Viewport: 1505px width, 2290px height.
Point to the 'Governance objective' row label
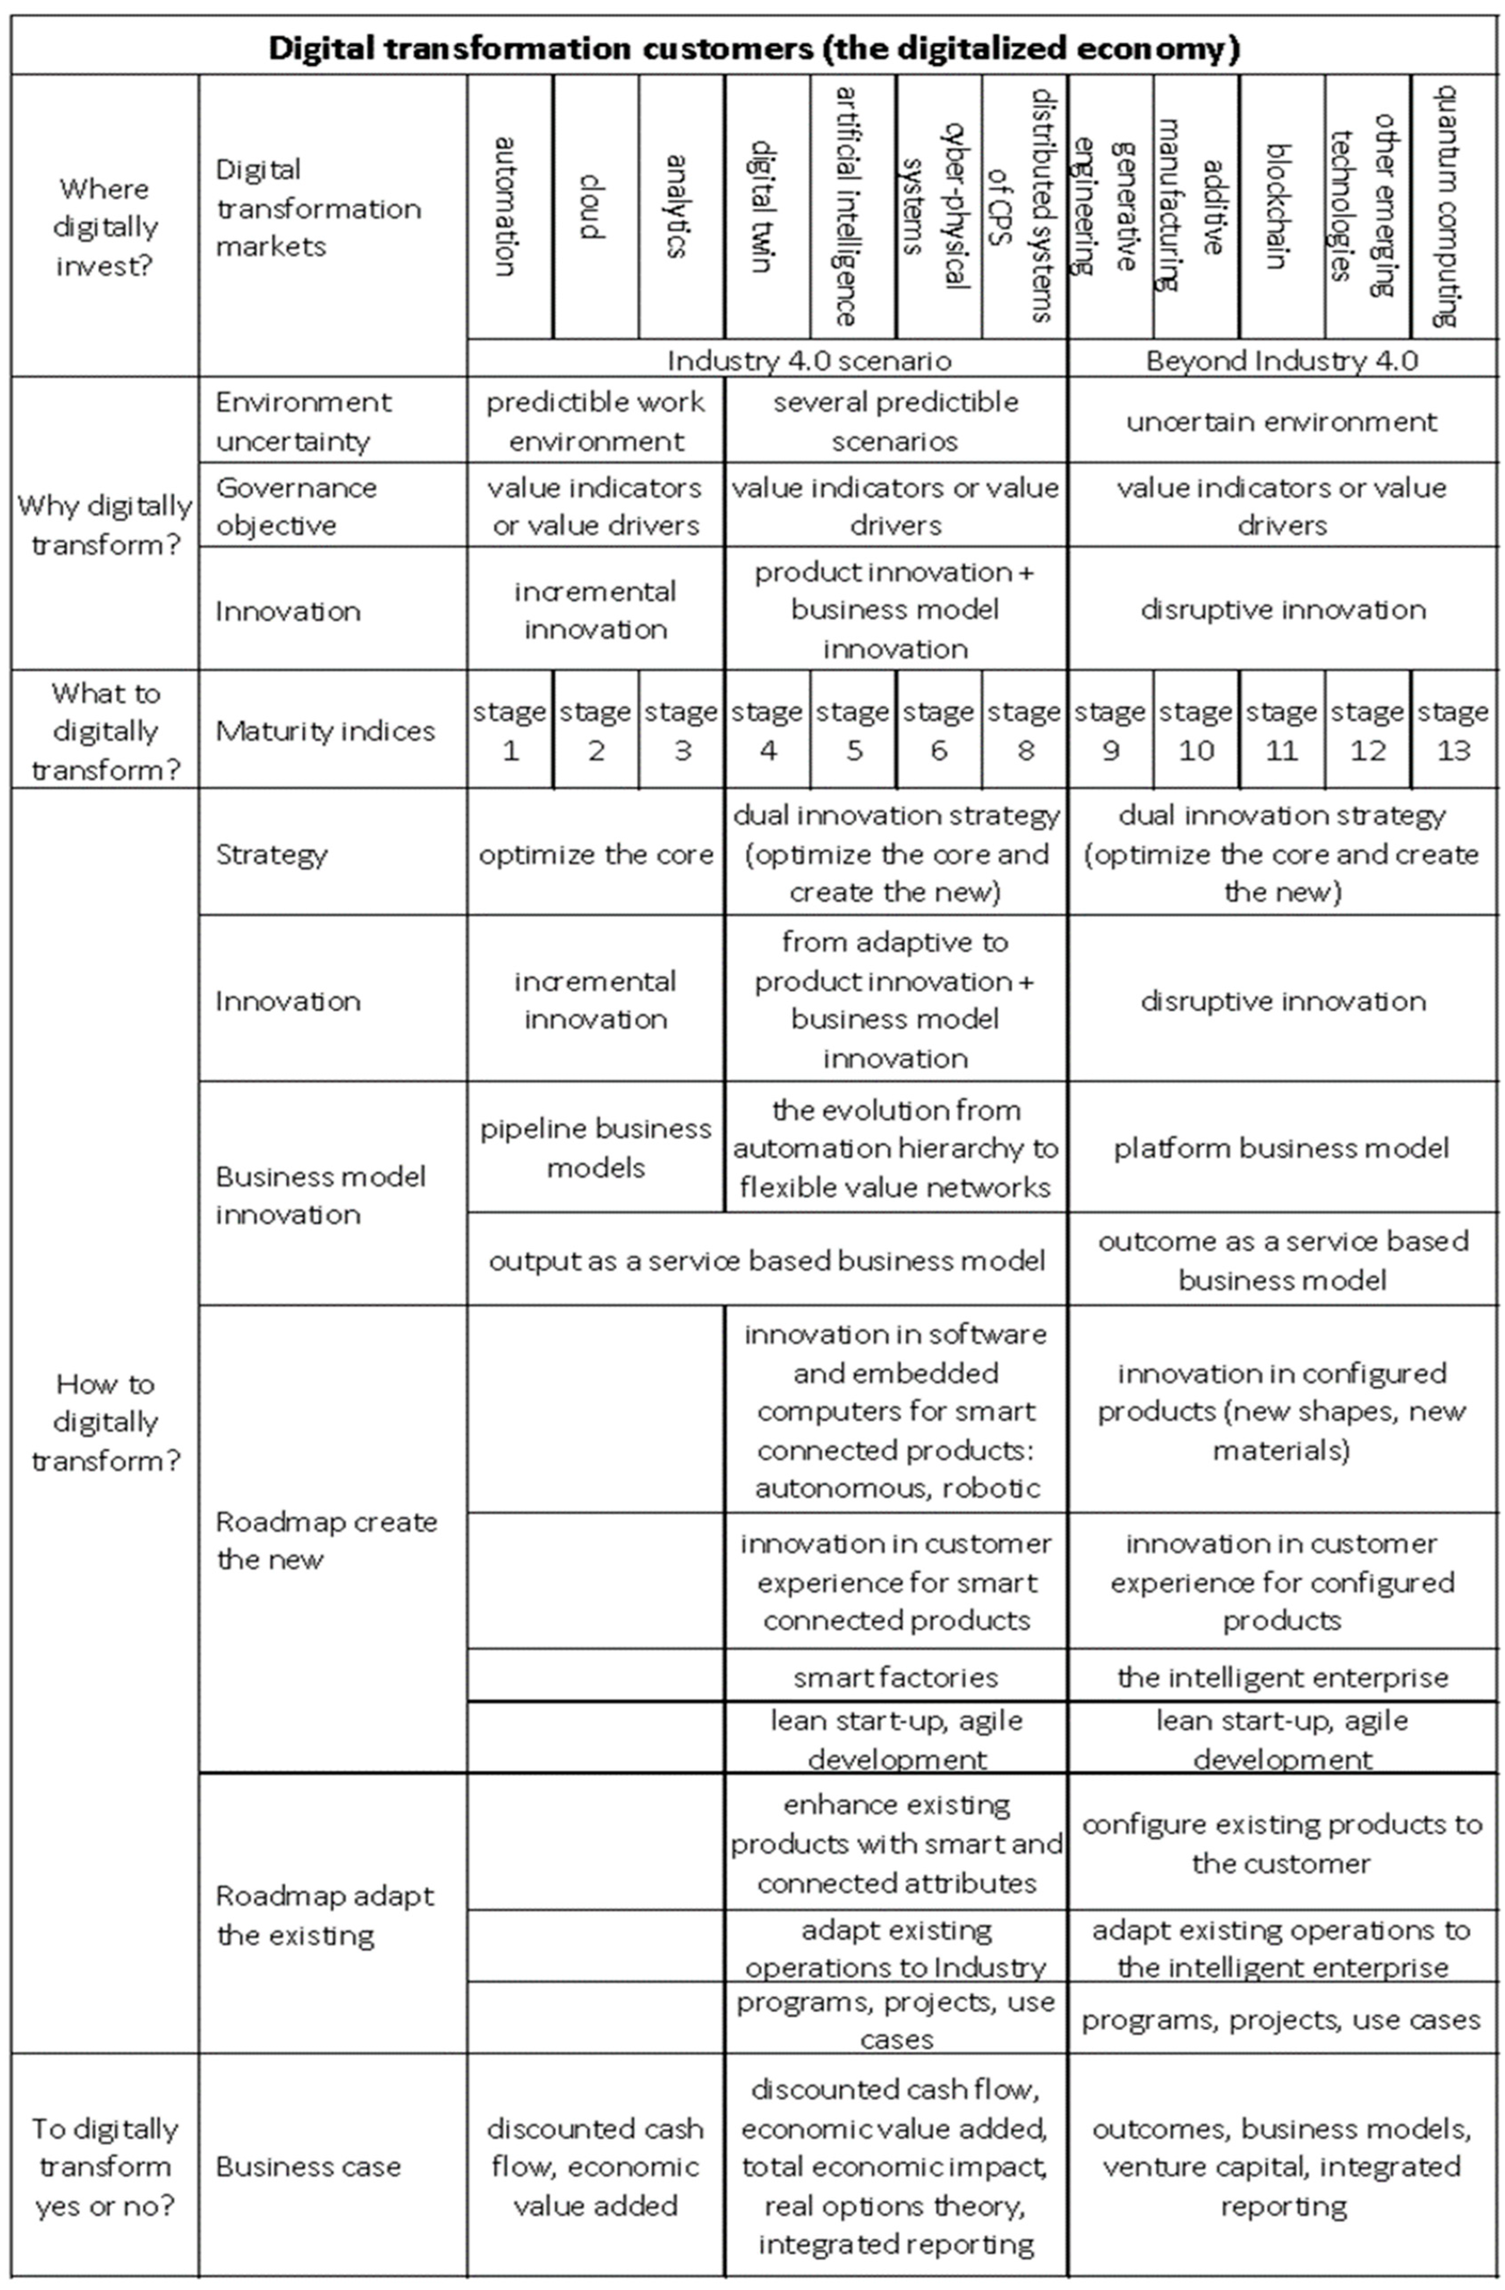296,506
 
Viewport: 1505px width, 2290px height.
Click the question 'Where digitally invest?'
104,227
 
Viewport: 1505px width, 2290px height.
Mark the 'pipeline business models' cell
596,1148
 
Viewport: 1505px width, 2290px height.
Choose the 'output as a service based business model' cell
767,1260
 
